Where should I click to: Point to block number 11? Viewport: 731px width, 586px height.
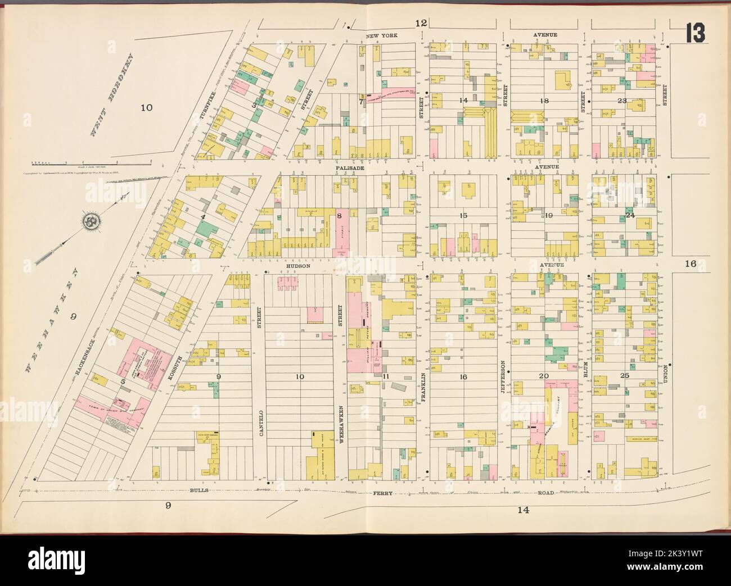point(386,376)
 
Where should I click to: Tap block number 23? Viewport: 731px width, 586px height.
point(622,101)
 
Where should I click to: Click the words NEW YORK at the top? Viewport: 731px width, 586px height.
point(381,35)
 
